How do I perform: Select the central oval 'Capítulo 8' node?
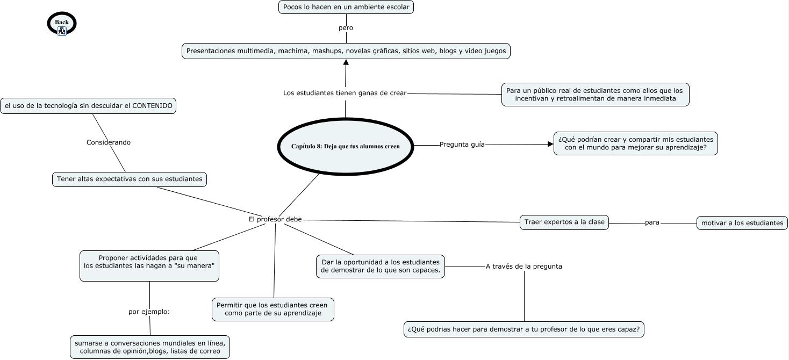coord(346,146)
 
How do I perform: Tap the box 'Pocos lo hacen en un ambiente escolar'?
coord(346,7)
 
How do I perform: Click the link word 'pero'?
coord(346,27)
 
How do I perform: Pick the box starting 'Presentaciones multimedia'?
coord(346,51)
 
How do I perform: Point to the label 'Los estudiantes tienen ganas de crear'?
coord(345,93)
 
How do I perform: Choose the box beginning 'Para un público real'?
coord(595,95)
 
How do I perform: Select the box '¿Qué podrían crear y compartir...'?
coord(636,143)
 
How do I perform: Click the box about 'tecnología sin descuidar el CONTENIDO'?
coord(88,106)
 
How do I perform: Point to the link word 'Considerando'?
coord(109,142)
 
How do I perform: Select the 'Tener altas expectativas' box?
coord(130,179)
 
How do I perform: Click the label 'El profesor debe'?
coord(275,219)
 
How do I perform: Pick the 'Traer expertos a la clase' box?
coord(564,222)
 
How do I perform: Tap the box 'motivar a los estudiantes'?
coord(742,223)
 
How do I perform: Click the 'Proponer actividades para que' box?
coord(149,265)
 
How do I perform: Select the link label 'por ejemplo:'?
coord(149,311)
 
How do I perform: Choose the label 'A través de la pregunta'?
coord(523,266)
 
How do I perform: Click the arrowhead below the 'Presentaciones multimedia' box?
coord(346,62)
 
